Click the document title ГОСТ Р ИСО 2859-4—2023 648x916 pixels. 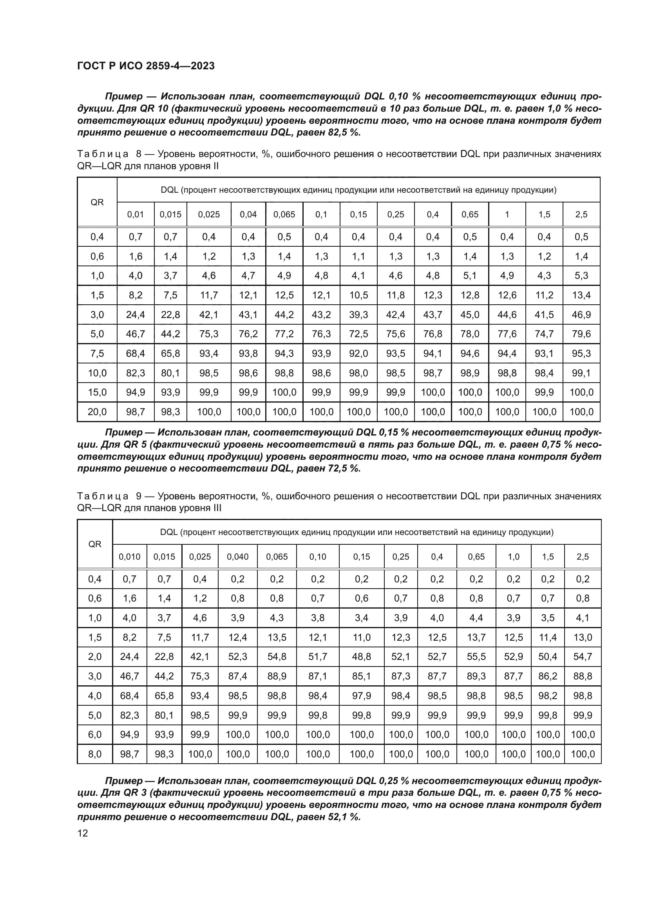(x=146, y=66)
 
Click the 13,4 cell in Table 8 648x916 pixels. (x=581, y=295)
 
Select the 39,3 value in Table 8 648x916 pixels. (x=358, y=315)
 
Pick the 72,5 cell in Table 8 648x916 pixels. (x=358, y=334)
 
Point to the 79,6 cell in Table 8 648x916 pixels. (x=581, y=334)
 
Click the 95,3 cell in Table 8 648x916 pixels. (x=581, y=354)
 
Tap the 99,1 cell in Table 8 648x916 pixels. (x=581, y=373)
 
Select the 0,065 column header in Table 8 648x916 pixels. (x=284, y=215)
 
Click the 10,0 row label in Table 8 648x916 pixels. (x=97, y=373)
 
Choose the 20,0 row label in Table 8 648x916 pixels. (x=97, y=412)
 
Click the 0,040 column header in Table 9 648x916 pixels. (x=237, y=556)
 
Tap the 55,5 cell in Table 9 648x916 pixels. (x=476, y=656)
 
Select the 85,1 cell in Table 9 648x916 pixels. (x=362, y=676)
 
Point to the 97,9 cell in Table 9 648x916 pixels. (x=362, y=696)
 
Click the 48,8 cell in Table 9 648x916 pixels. (x=362, y=656)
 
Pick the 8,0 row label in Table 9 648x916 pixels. (x=94, y=754)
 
